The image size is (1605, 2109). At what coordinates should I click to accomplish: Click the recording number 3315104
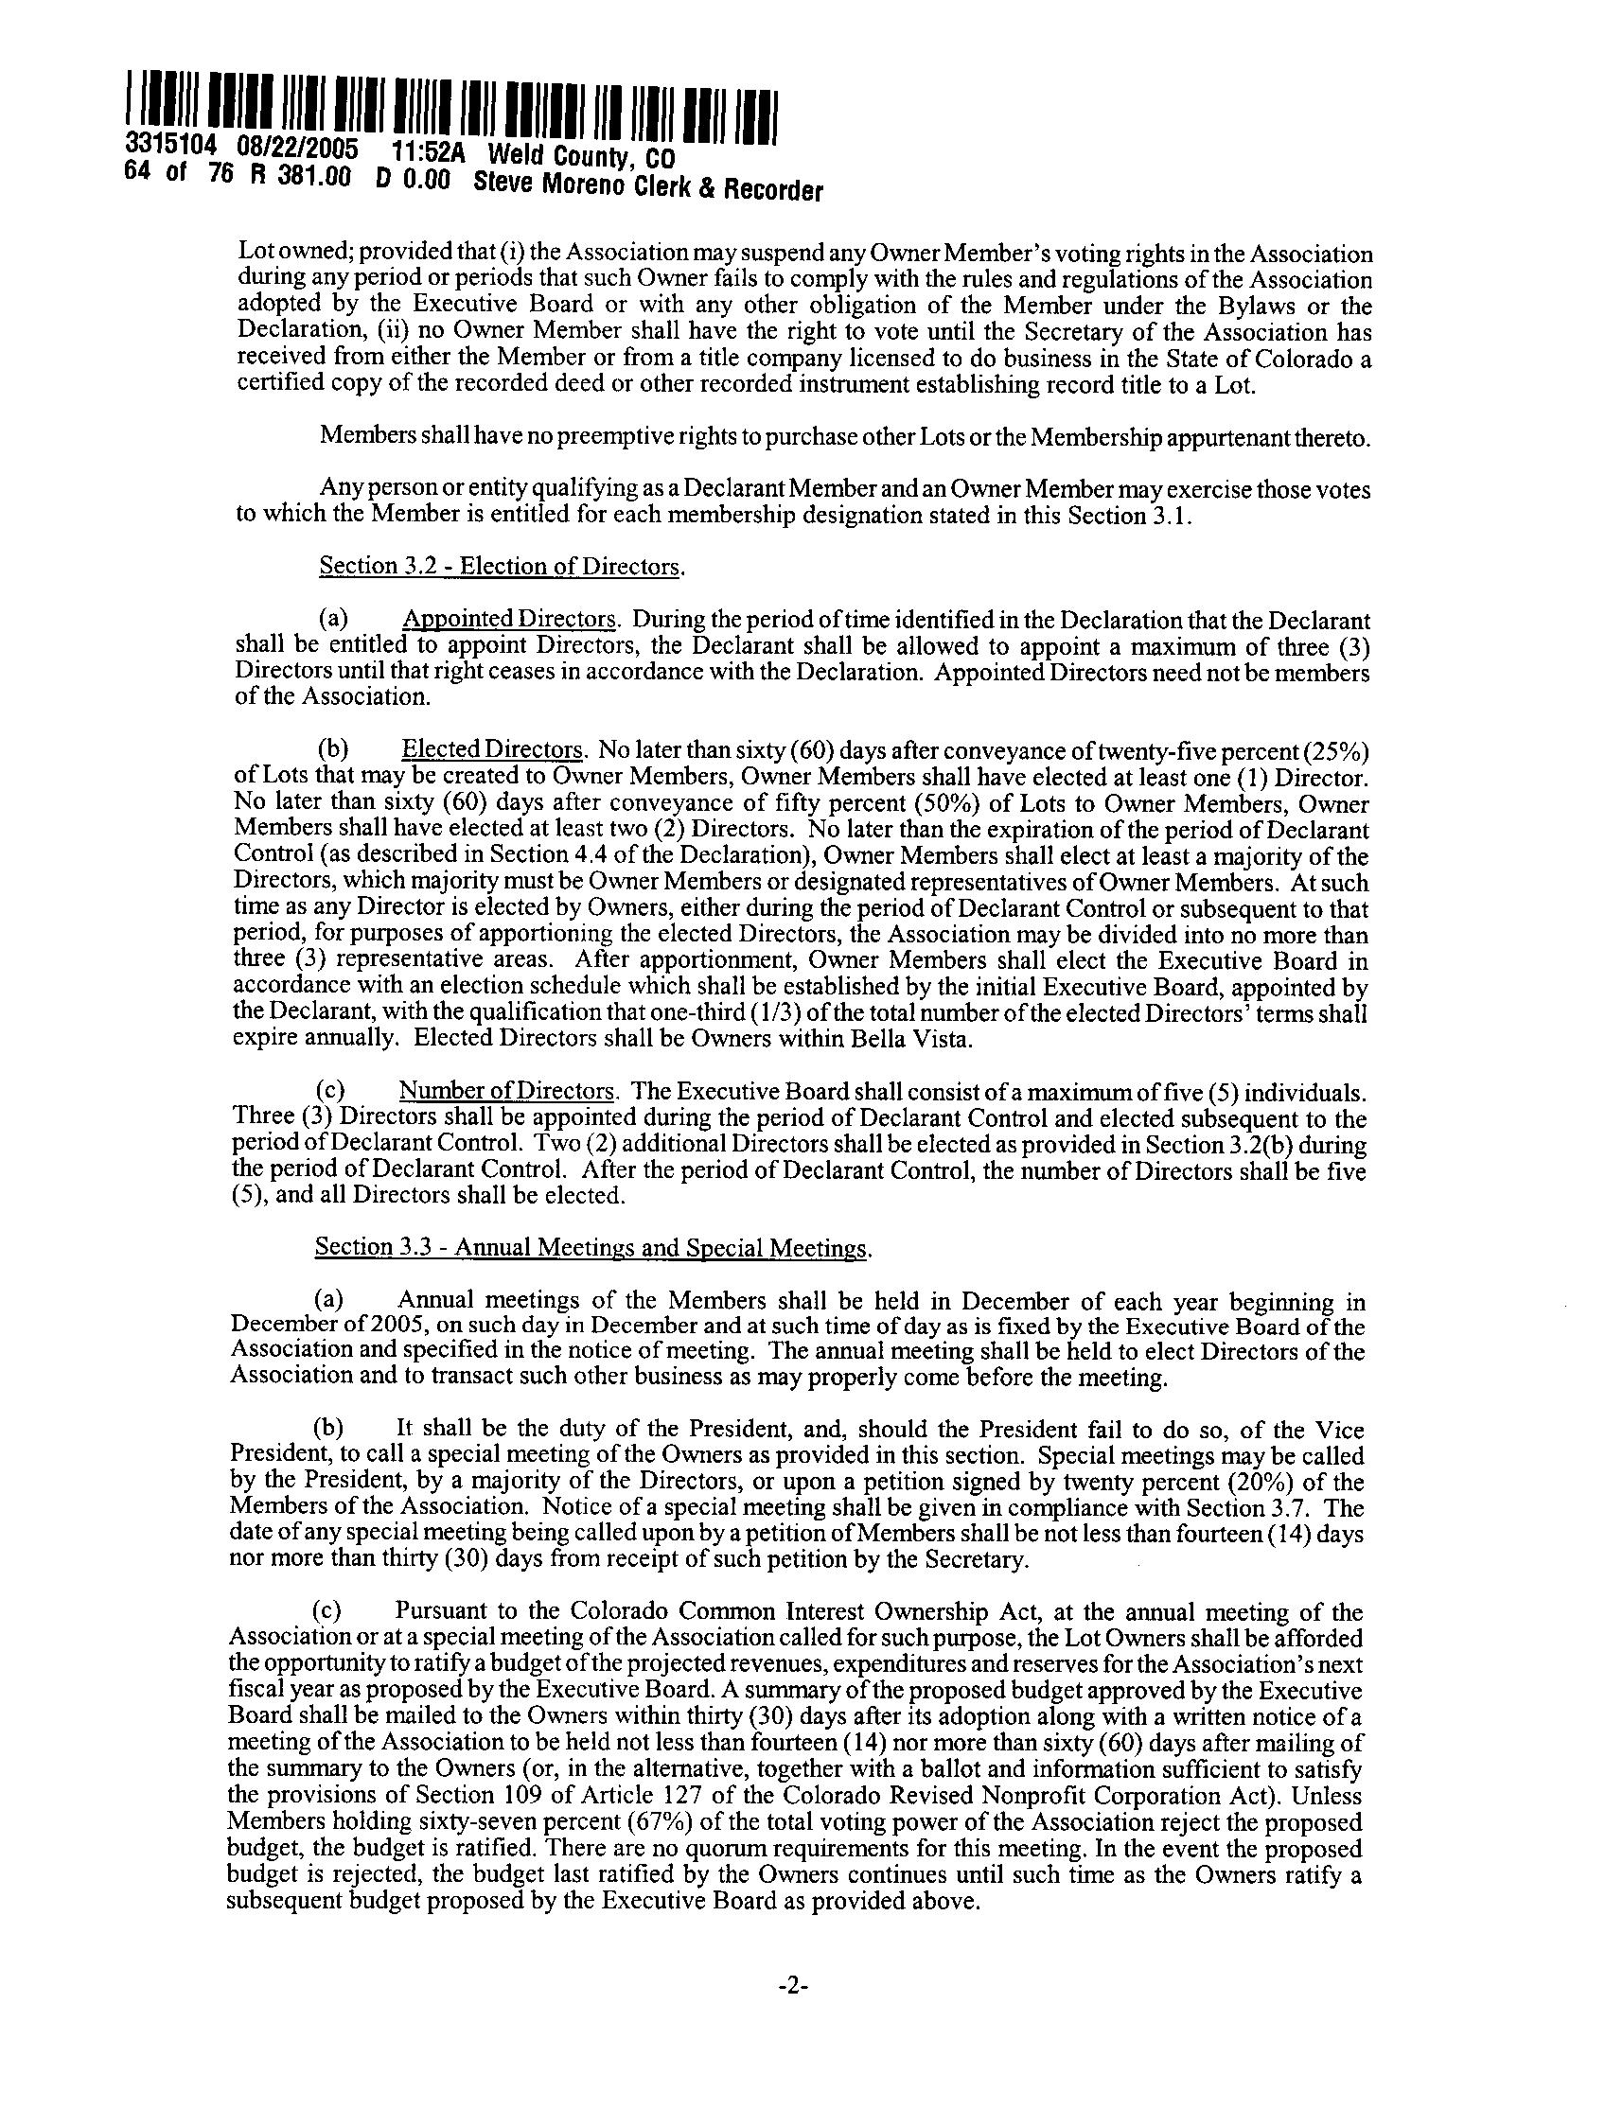[172, 148]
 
